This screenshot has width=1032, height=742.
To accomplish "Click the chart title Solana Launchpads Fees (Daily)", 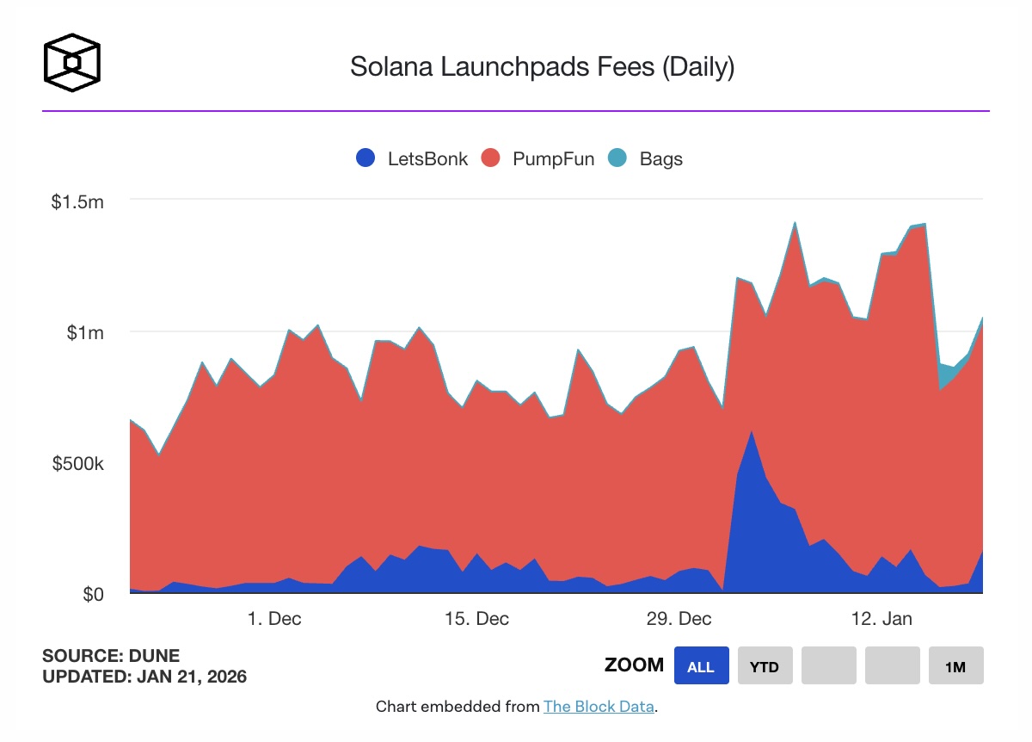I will point(542,67).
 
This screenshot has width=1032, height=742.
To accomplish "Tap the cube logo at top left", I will point(72,63).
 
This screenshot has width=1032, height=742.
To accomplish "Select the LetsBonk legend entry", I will point(412,158).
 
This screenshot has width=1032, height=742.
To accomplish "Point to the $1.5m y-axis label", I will point(77,202).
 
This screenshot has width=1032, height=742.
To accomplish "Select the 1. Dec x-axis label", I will point(273,619).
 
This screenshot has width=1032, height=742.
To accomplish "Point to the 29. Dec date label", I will point(679,619).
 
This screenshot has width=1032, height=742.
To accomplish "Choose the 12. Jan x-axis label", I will point(881,619).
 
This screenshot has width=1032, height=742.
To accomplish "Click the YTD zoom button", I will point(765,666).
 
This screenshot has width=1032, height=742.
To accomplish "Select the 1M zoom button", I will point(955,666).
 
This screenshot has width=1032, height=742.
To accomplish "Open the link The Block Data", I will point(599,707).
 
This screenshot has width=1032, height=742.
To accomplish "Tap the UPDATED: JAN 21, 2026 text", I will point(144,677).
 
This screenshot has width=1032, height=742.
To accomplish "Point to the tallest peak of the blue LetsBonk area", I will point(752,433).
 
